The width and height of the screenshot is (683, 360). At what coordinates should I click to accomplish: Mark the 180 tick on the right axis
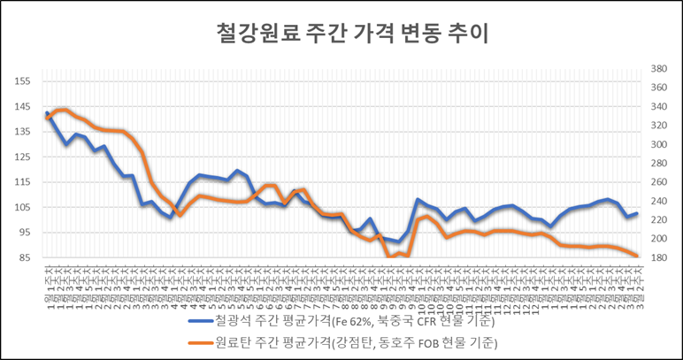point(656,257)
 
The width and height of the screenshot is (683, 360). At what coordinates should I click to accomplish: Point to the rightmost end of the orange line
point(637,257)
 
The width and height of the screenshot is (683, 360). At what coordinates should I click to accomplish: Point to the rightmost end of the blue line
point(637,213)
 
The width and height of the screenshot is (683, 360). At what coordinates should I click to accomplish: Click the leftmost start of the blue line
point(47,113)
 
